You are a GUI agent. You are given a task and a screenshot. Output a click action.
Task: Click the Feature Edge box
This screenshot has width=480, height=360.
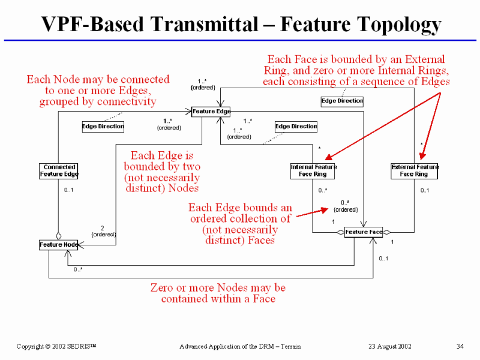coord(211,111)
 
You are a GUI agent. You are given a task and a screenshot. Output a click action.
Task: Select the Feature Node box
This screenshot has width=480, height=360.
coord(59,245)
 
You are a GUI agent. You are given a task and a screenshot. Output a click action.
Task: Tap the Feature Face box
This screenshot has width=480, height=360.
coord(364,232)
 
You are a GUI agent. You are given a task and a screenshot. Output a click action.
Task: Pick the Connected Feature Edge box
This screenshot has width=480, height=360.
coord(59,171)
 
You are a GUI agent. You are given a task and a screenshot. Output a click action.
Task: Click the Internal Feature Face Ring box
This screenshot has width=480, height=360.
coord(313,171)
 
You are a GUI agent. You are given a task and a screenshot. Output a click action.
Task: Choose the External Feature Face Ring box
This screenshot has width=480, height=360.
coord(414,171)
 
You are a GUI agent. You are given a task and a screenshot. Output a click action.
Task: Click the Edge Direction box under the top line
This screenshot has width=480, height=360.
coord(342,101)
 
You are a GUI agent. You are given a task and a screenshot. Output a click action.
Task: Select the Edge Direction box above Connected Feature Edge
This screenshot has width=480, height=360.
coord(103,127)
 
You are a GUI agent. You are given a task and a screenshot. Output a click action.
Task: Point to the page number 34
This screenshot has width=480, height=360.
coord(460,346)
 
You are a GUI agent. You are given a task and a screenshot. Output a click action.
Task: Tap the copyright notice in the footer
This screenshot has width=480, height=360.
coord(56,346)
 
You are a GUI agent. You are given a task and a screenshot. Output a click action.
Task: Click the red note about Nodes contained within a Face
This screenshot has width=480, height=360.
coord(218,293)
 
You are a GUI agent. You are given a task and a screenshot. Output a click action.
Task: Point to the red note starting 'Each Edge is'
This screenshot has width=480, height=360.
coord(162,172)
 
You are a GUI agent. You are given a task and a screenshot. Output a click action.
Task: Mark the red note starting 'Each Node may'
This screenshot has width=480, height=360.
coord(98,90)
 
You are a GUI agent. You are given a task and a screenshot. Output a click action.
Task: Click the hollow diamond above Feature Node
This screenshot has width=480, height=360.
coord(58,236)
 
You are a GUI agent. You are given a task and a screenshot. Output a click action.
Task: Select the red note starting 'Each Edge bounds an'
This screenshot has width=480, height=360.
coord(240,224)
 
